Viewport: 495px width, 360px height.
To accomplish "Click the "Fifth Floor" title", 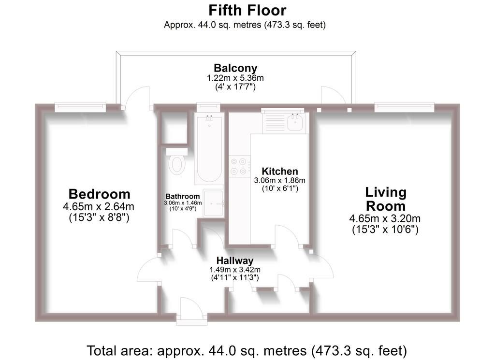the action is tap(247, 11).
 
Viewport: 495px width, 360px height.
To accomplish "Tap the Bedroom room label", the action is tap(100, 194).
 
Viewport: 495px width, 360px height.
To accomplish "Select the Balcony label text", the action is tap(235, 68).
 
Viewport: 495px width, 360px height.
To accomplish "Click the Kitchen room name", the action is tap(280, 172).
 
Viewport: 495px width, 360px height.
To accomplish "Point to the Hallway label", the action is tap(235, 260).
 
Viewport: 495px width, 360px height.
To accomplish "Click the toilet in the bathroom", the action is tap(177, 161).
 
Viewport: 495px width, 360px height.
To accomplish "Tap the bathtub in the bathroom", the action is tap(209, 148).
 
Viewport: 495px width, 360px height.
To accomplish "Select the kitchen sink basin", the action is tap(295, 122).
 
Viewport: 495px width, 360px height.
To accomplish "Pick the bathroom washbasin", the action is tap(213, 203).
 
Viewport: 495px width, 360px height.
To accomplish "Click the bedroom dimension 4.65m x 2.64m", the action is tap(99, 207).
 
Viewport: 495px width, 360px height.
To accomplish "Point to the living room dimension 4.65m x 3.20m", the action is tap(385, 218).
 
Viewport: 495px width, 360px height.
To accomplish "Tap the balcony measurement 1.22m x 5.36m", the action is tap(235, 78).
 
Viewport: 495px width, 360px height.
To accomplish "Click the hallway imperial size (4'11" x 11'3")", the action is tap(235, 278).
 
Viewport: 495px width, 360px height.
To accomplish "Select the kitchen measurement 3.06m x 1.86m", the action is tap(280, 180).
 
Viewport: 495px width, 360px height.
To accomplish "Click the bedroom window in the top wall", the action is tap(80, 107).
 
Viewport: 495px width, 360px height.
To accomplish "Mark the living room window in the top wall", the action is tap(405, 107).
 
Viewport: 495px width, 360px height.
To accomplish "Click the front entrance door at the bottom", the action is tap(191, 311).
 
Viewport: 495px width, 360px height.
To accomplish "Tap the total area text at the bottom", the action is tap(247, 350).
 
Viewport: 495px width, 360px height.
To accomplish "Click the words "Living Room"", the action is tap(385, 199).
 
